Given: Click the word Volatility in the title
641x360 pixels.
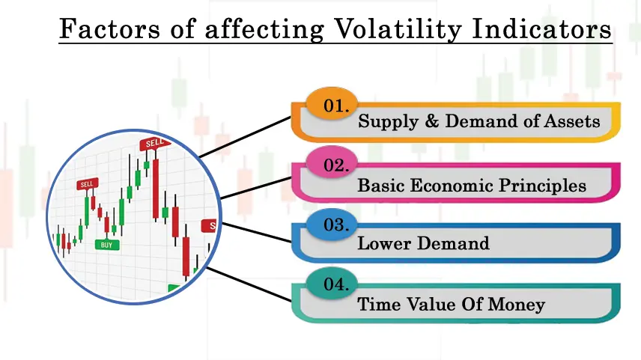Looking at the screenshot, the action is (398, 29).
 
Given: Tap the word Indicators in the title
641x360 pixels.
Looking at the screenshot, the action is (541, 28).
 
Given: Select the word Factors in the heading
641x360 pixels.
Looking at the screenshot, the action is (109, 28).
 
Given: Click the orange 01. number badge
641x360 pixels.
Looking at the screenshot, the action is (332, 104).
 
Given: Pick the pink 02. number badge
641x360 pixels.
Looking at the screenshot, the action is (332, 163).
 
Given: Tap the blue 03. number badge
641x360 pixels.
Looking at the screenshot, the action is (332, 223).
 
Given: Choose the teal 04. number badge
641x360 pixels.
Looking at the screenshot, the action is (332, 283).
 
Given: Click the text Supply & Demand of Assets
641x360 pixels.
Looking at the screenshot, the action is (479, 121).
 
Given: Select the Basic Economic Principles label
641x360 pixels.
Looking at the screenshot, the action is (472, 186).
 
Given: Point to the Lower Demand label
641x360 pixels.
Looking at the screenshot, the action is (423, 243).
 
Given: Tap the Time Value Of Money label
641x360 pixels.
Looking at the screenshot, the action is (451, 304).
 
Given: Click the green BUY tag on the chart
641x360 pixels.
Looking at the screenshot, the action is (106, 244).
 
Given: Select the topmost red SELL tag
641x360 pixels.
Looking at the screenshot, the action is (155, 143).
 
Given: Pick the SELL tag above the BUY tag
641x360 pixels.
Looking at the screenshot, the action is (87, 184).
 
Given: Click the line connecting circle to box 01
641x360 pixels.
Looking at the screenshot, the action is (245, 137).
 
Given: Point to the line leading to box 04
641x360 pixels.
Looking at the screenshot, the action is (249, 284).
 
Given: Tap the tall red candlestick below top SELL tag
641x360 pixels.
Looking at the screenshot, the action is (156, 189).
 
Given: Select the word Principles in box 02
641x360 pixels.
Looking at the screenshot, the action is (542, 186).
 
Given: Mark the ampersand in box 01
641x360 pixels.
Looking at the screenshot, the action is (431, 120).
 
